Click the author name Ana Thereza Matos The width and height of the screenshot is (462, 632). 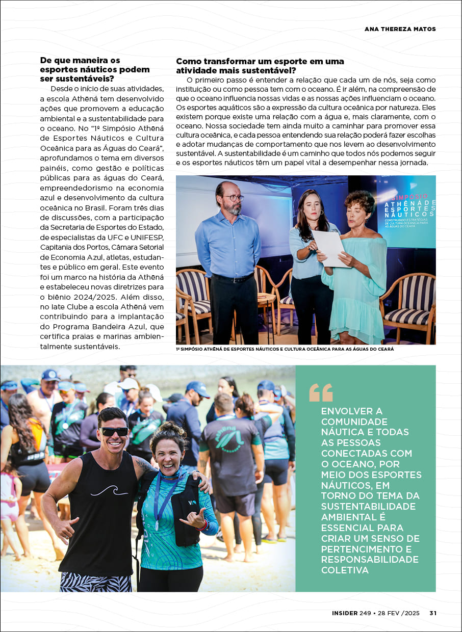click(x=400, y=29)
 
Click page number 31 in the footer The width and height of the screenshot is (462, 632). click(x=432, y=613)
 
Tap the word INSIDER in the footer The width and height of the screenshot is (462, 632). click(x=345, y=613)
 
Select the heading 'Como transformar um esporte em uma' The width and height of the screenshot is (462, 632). click(x=260, y=61)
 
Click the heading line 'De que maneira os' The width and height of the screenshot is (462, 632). click(x=80, y=60)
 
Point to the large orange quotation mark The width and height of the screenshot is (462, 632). click(x=321, y=393)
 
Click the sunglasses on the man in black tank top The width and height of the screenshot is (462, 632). click(x=114, y=431)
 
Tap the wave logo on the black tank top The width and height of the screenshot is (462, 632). click(x=109, y=490)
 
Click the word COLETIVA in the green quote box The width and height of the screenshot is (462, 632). click(x=345, y=570)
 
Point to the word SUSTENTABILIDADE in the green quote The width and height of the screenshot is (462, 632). click(x=369, y=507)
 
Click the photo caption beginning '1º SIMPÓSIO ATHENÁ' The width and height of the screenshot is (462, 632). click(x=285, y=349)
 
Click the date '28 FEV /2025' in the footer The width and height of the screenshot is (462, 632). click(x=399, y=613)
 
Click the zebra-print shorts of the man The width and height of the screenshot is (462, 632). click(x=95, y=582)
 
